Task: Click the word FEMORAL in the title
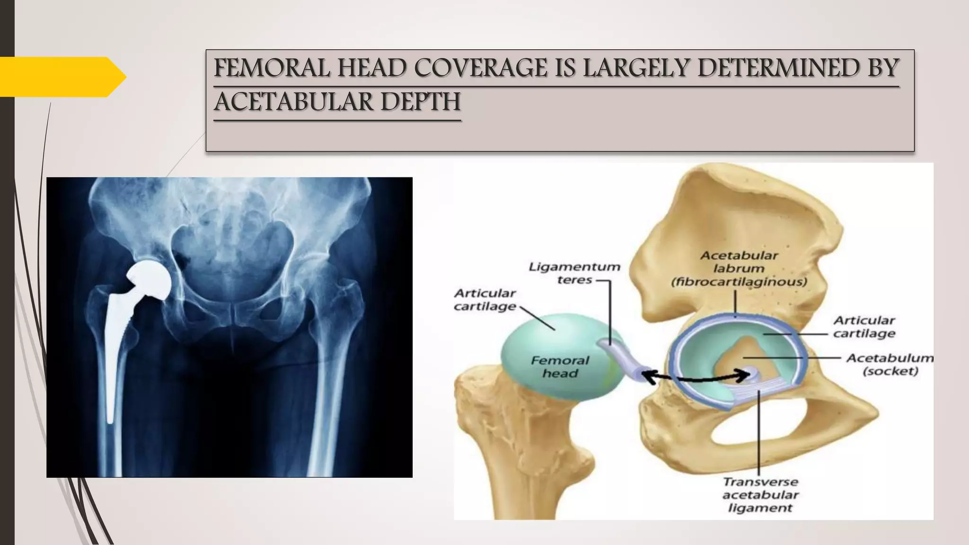[x=272, y=68]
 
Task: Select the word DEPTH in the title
[x=420, y=102]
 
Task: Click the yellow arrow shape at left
[x=62, y=77]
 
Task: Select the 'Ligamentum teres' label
[x=574, y=273]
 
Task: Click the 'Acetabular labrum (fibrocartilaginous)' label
[x=739, y=269]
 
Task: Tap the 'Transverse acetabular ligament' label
[x=760, y=495]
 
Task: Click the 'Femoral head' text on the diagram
[x=560, y=367]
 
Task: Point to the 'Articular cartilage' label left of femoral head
[x=485, y=299]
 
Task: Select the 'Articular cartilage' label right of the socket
[x=864, y=327]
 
